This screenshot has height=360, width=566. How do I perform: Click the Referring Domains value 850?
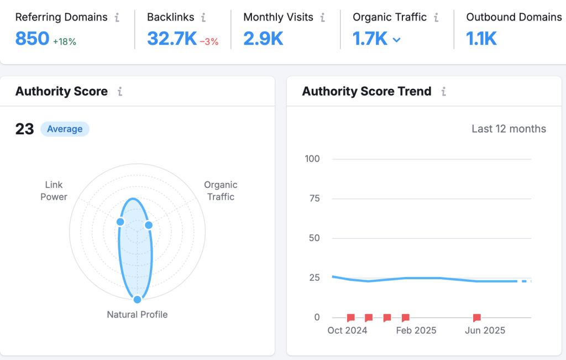32,39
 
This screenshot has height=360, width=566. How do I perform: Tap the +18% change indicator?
64,41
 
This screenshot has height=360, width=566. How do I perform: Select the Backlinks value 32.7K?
171,39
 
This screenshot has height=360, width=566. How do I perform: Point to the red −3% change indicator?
209,41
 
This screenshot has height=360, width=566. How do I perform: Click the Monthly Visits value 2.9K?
263,39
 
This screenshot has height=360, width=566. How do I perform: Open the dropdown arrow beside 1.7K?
396,40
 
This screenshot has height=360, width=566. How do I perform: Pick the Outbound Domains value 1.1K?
481,39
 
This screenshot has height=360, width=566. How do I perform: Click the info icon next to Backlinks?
203,18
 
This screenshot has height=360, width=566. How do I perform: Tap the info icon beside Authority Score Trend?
443,92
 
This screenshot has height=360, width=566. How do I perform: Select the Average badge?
65,129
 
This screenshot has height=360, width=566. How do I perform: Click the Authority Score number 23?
24,129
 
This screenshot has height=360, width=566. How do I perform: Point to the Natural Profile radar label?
137,315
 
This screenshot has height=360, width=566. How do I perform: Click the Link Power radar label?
54,191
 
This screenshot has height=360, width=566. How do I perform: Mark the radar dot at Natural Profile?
137,299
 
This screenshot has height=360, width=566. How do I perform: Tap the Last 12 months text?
509,129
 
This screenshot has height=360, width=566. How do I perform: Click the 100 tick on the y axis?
312,159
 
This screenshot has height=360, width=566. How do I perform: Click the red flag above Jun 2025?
476,317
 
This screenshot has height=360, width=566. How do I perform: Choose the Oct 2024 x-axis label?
347,330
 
